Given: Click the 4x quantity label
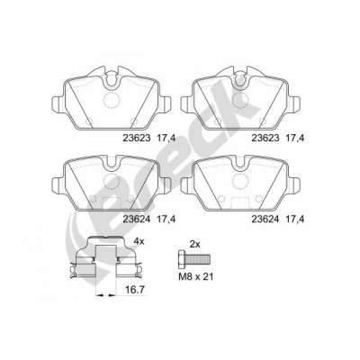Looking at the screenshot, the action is pyautogui.click(x=139, y=241).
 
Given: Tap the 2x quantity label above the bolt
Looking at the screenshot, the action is pyautogui.click(x=195, y=244).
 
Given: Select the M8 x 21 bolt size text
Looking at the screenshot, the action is pyautogui.click(x=196, y=276).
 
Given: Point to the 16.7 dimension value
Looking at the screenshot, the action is pyautogui.click(x=135, y=290).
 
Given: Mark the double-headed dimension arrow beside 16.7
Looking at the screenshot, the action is pyautogui.click(x=105, y=296).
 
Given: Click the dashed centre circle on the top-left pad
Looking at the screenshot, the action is pyautogui.click(x=112, y=100).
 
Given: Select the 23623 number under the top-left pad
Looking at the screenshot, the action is pyautogui.click(x=137, y=138).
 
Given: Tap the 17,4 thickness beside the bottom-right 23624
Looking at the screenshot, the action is pyautogui.click(x=295, y=220).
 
